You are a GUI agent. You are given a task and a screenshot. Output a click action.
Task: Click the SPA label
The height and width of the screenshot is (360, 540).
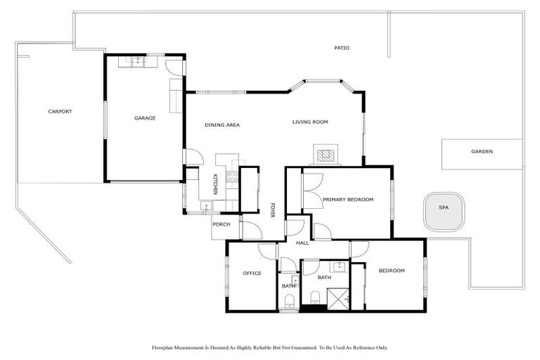pyautogui.click(x=443, y=208)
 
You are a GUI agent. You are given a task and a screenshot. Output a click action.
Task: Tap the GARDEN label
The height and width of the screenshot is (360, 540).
pyautogui.click(x=482, y=152)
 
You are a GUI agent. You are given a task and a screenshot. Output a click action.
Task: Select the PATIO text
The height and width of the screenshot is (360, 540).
pyautogui.click(x=342, y=48)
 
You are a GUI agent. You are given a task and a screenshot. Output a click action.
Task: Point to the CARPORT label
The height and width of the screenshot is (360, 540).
pyautogui.click(x=60, y=112)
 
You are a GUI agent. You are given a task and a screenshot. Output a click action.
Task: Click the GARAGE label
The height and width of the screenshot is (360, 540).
pyautogui.click(x=145, y=118)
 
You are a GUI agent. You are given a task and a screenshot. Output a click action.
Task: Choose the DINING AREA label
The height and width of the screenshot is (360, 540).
pyautogui.click(x=222, y=125)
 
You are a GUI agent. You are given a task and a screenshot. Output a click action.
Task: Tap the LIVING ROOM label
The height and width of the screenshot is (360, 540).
pyautogui.click(x=310, y=122)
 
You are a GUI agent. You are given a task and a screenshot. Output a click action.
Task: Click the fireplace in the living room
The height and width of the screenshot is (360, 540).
pyautogui.click(x=325, y=154)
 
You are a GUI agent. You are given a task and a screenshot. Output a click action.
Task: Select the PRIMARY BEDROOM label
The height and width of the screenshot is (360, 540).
pyautogui.click(x=348, y=200)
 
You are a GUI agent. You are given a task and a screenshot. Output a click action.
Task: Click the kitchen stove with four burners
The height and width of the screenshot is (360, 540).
pyautogui.click(x=232, y=176)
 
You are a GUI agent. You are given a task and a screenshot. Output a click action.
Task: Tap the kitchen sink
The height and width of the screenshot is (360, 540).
pyautogui.click(x=205, y=206)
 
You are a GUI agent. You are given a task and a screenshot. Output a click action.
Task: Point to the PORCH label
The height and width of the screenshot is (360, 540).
pyautogui.click(x=221, y=225)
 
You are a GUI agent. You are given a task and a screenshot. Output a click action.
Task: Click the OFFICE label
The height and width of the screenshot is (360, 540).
pyautogui.click(x=252, y=274)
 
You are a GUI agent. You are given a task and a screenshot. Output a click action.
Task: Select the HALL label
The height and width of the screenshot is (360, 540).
pyautogui.click(x=302, y=243)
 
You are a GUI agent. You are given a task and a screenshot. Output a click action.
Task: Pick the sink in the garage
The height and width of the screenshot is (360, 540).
pyautogui.click(x=133, y=62)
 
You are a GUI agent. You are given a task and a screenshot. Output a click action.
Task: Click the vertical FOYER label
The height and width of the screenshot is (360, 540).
pyautogui.click(x=273, y=210)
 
